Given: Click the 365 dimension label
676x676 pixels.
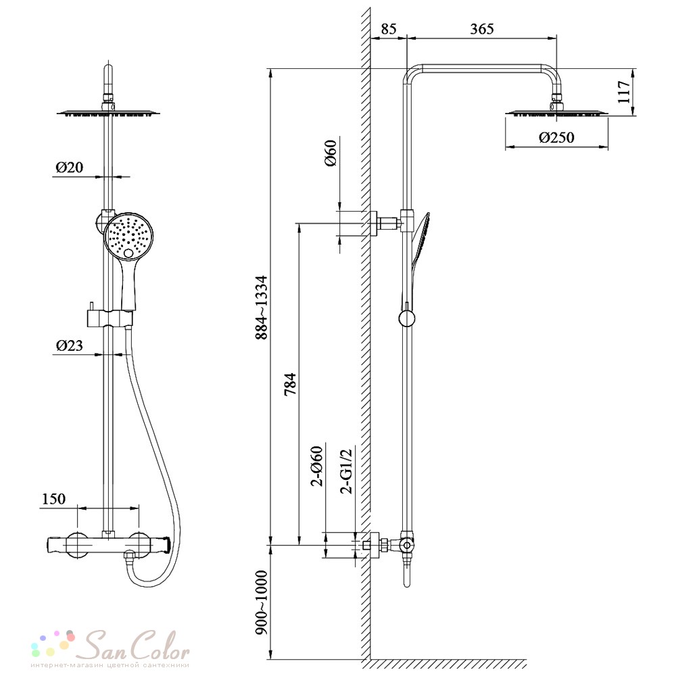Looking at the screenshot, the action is pos(481,29).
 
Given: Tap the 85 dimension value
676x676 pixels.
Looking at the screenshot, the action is pos(389,29).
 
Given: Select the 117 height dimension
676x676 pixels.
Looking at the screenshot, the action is pos(623,92).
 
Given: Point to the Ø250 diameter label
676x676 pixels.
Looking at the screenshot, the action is pos(556,137).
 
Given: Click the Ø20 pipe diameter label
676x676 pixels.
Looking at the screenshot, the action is pos(69,167).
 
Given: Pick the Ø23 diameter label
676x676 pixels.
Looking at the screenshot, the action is pos(69,345).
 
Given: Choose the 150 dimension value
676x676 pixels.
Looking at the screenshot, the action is pos(54,499).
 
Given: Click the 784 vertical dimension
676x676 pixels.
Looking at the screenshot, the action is pos(290,384).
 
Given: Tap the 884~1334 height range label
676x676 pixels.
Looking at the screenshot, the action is pos(261,308).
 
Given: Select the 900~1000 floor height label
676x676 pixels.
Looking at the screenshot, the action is pos(261,602).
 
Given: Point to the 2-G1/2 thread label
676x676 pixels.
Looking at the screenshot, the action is pos(346,471).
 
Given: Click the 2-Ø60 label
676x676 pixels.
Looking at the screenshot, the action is pos(317,466).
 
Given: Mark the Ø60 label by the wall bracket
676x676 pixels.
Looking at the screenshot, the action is pos(331,153).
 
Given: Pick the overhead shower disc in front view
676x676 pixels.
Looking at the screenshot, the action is pos(109,113).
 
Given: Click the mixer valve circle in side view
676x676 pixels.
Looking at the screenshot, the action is pos(406,546).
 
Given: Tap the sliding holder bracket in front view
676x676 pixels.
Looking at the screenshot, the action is pos(110,318).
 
